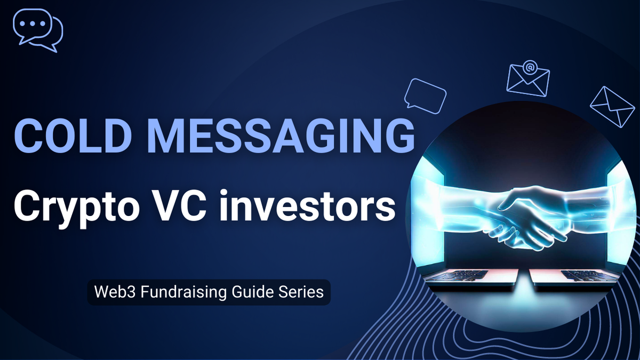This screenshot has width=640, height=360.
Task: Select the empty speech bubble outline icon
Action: click(425, 95)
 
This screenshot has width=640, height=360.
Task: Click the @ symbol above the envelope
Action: click(529, 67)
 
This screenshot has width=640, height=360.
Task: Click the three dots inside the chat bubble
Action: click(31, 24)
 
